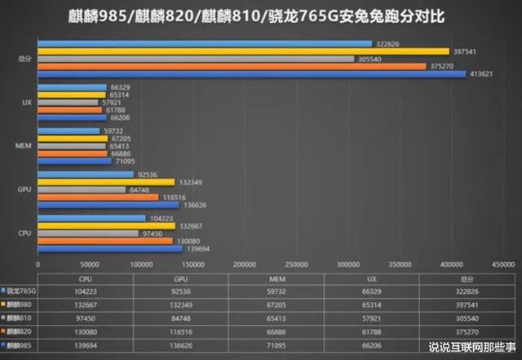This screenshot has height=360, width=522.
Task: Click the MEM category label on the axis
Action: point(25,145)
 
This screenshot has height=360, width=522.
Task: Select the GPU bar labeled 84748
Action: point(82,189)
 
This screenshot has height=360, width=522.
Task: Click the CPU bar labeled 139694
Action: point(110,248)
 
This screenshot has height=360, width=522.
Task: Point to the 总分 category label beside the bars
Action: point(25,59)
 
